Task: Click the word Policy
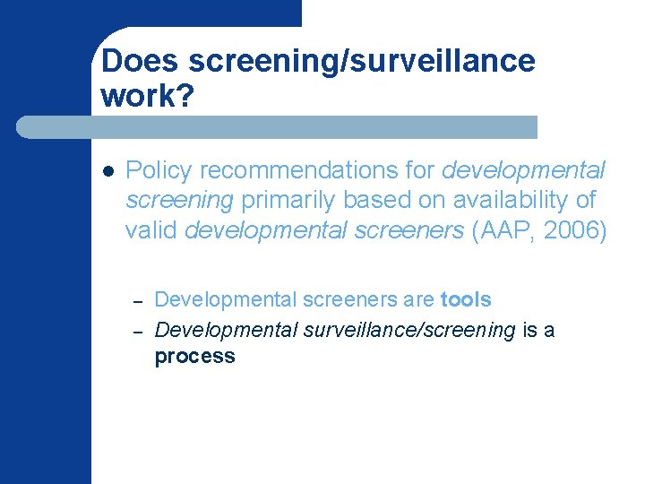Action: [x=155, y=169]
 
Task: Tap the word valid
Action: [x=151, y=230]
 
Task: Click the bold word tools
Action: [x=466, y=298]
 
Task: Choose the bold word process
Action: [x=194, y=356]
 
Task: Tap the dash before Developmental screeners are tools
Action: [x=137, y=300]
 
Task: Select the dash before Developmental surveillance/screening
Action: [x=137, y=331]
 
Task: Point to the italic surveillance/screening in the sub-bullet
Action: [x=409, y=330]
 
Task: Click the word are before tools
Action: [x=420, y=298]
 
